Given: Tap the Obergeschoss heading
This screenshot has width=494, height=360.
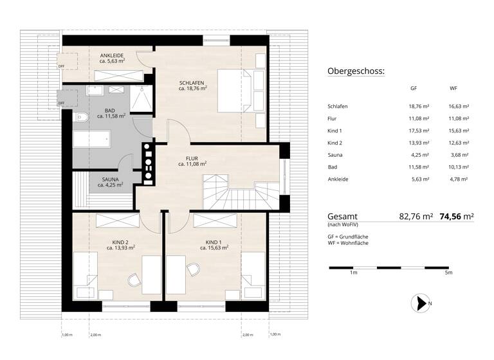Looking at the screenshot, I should [x=356, y=71].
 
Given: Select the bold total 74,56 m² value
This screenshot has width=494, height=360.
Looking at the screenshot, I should [x=456, y=217].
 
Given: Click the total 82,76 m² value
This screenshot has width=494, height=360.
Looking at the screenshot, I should [x=416, y=217].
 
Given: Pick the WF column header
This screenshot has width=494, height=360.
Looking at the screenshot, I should [x=453, y=89].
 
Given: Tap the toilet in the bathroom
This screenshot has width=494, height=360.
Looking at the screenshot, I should [x=80, y=117].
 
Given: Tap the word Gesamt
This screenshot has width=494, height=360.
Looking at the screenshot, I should [x=342, y=217].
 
